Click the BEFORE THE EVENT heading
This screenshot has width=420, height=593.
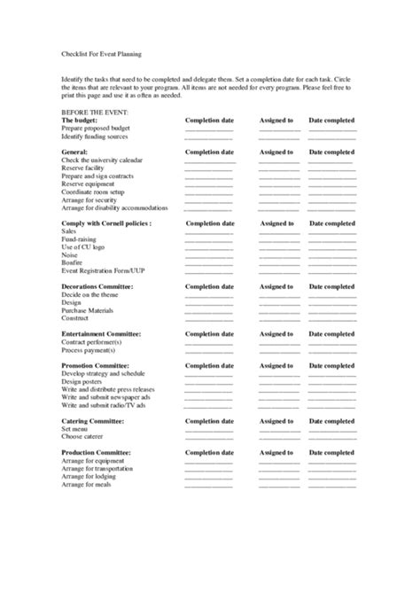pos(95,113)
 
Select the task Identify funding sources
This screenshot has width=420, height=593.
pos(97,137)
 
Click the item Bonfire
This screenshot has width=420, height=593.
pos(73,263)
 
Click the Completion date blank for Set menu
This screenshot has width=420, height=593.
pos(209,429)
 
